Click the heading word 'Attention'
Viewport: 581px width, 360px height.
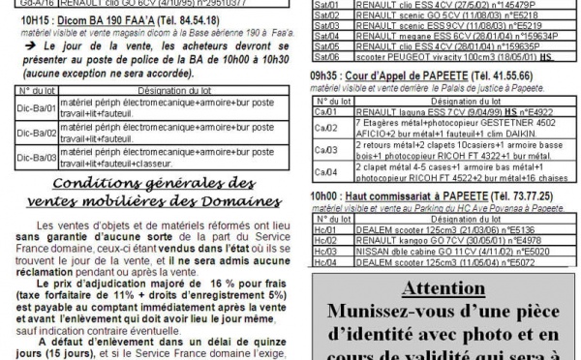pos(447,290)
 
